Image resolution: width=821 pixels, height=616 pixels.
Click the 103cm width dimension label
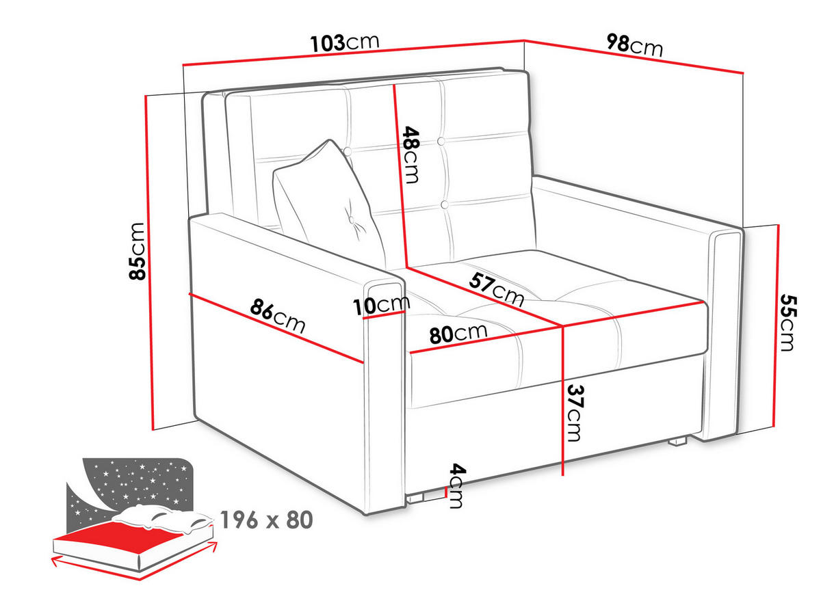345,42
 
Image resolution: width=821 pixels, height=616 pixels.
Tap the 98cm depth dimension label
634,45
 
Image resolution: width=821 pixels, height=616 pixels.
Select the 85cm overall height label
137,251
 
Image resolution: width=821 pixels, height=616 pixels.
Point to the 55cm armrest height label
788,323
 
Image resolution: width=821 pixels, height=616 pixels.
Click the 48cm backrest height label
410,155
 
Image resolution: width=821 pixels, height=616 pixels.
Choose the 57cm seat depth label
496,289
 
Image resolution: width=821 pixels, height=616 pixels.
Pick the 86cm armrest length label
278,315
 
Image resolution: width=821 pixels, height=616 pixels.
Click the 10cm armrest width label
382,306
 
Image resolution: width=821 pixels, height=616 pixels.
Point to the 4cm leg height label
457,486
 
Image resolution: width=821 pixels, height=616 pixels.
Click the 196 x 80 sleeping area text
266,520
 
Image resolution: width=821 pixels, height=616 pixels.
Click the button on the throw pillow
352,220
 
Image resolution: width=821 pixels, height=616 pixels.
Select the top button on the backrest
441,142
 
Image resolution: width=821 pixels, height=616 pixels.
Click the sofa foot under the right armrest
677,442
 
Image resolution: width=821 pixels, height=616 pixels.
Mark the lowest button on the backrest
444,204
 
